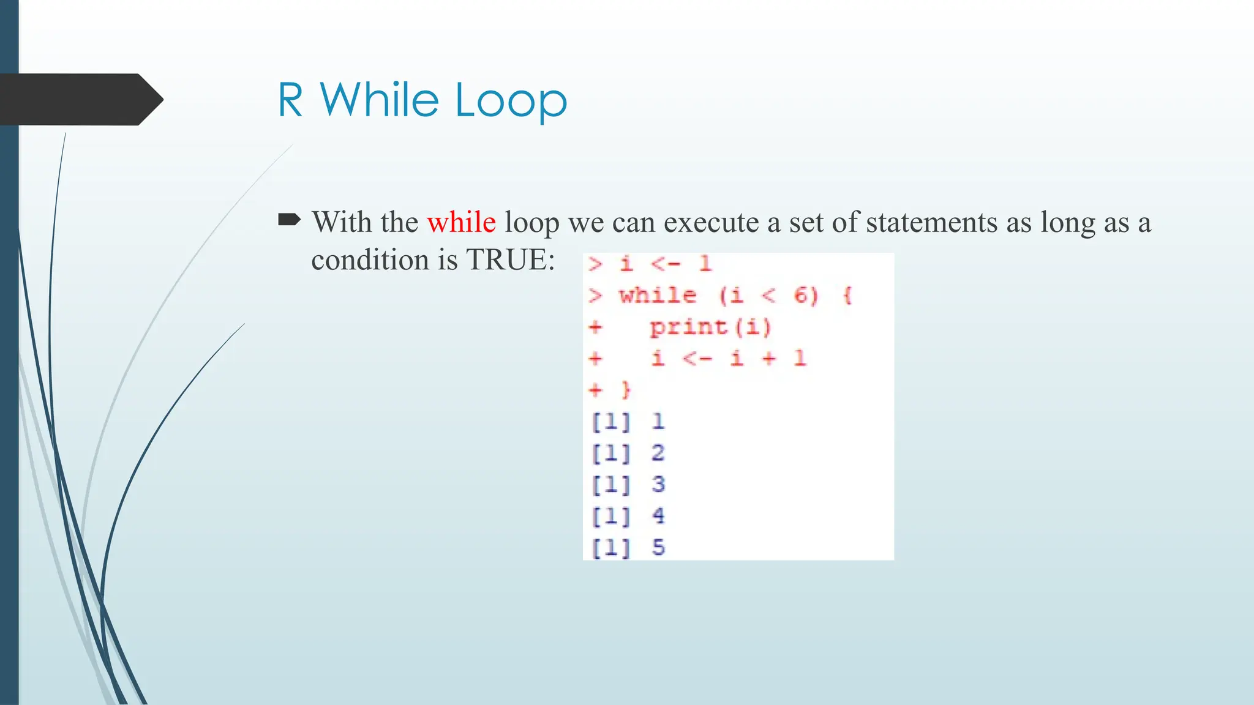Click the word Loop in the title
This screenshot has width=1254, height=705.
(511, 100)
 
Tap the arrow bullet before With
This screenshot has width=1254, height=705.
(289, 219)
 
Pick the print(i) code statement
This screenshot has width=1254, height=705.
(710, 328)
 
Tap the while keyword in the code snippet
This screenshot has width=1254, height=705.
(658, 296)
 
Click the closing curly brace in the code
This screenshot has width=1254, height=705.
(626, 390)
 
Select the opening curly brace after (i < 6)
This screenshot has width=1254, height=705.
(847, 296)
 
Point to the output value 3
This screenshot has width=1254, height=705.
(658, 484)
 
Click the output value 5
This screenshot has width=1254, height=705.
(658, 547)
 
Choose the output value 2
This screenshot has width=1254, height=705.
(658, 453)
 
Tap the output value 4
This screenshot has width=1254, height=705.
(658, 516)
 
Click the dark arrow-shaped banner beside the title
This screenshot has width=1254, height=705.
(80, 99)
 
